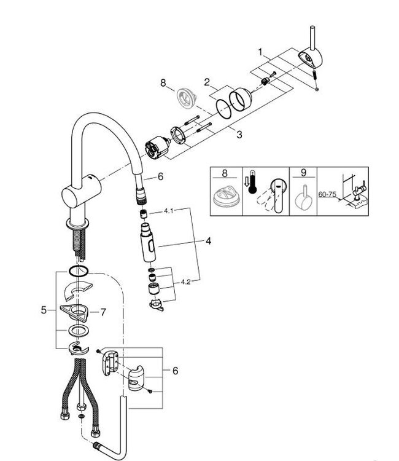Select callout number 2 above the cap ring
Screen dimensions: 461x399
point(207,81)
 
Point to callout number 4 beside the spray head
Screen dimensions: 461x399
point(208,241)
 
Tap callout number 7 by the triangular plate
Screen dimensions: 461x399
point(103,312)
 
